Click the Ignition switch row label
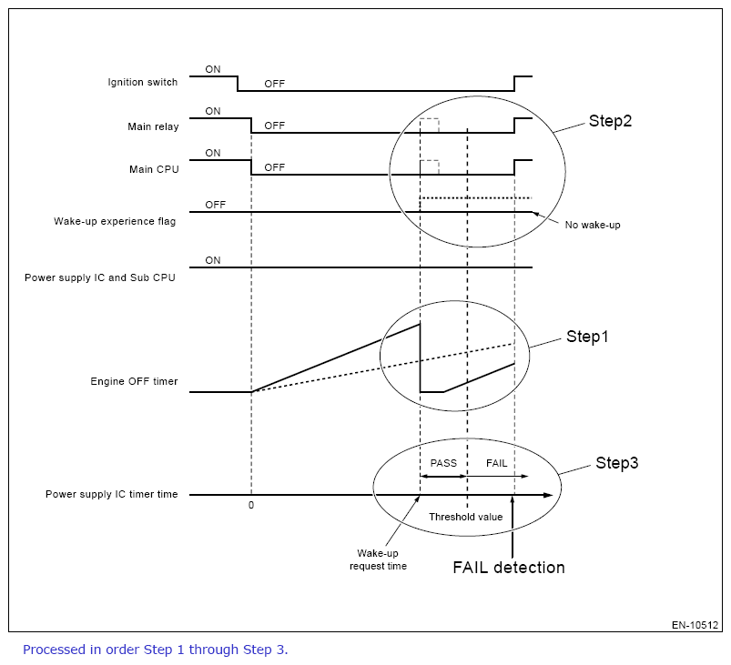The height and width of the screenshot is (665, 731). [x=142, y=82]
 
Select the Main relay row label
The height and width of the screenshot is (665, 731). [x=153, y=126]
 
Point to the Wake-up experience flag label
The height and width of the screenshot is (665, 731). [x=117, y=221]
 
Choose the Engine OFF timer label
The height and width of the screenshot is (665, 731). [x=134, y=381]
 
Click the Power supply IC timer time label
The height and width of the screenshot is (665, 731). [x=111, y=494]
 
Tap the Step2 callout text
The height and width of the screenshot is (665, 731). [x=609, y=121]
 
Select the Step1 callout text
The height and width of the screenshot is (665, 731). [x=586, y=337]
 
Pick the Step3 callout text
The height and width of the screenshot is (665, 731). [x=616, y=463]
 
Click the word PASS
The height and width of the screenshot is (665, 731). [x=443, y=463]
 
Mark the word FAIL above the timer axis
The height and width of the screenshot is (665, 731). [x=496, y=463]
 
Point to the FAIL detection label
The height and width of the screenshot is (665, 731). [x=509, y=568]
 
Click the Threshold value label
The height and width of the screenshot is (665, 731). [x=465, y=517]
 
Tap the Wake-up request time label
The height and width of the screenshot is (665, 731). [x=378, y=559]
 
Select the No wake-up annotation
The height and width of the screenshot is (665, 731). [x=592, y=224]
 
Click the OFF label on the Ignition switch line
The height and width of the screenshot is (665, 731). [x=275, y=84]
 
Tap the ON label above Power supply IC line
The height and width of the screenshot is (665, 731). [x=213, y=260]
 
